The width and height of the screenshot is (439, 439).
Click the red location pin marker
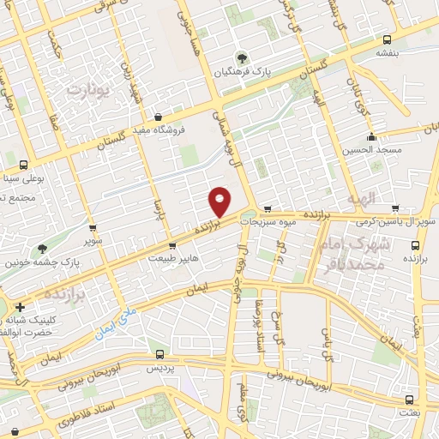(220, 202)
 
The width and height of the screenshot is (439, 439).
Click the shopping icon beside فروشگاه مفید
(158, 117)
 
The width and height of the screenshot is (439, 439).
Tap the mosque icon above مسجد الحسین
(371, 137)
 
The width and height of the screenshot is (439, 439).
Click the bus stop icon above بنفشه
(388, 40)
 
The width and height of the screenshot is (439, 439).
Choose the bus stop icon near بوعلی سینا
(22, 165)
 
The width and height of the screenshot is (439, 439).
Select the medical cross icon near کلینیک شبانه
(20, 306)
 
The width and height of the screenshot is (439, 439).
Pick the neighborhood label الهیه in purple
(362, 199)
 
